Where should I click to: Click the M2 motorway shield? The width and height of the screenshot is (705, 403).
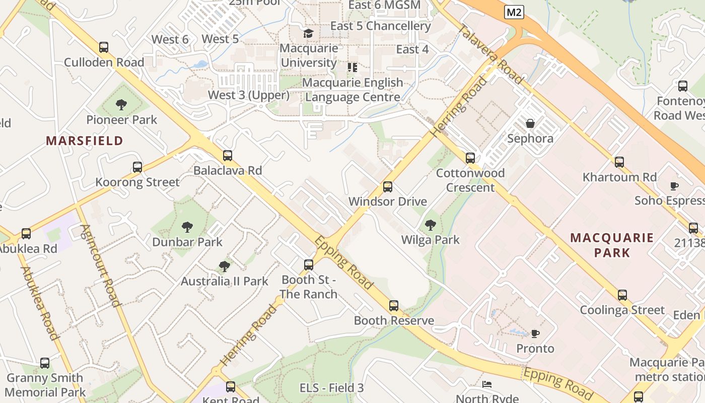[514, 12]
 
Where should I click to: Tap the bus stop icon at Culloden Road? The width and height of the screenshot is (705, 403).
[104, 47]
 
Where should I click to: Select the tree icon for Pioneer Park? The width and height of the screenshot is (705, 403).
[121, 105]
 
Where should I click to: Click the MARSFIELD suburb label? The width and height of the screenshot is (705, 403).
[85, 141]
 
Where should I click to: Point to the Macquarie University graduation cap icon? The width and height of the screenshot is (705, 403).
[308, 33]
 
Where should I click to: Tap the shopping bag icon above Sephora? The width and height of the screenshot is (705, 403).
[530, 123]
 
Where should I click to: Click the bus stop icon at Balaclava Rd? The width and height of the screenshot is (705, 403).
[228, 156]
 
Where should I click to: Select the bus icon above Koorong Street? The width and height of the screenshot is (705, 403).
[137, 167]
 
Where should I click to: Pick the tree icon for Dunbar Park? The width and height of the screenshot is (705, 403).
[187, 227]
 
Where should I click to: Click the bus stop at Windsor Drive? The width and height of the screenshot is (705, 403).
[388, 187]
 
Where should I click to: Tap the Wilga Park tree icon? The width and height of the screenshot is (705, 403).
[430, 225]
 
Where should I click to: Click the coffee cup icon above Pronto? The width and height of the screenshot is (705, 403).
[535, 333]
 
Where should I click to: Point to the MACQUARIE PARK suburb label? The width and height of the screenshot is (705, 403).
[612, 245]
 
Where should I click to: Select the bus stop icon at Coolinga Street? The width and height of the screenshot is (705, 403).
[622, 295]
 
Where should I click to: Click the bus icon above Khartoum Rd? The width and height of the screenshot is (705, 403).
[619, 162]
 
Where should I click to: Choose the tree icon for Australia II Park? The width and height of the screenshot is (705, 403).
[225, 266]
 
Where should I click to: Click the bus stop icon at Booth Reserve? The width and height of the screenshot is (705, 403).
[394, 306]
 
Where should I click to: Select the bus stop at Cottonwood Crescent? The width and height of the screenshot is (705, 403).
[470, 158]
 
